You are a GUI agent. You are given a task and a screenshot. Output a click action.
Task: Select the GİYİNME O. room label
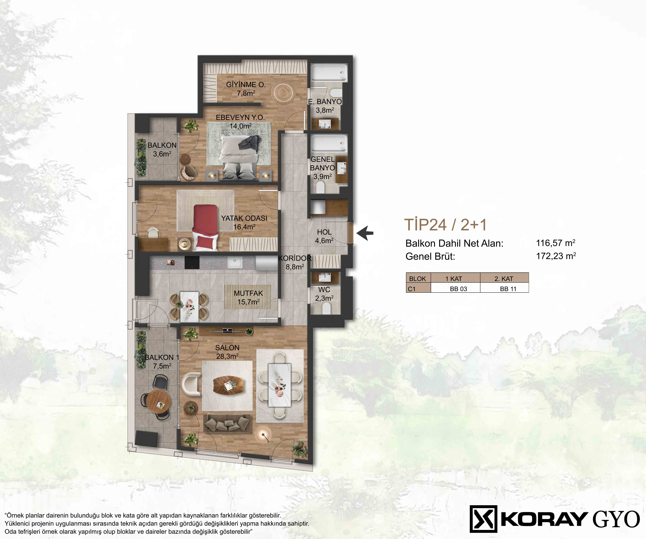coord(246,84)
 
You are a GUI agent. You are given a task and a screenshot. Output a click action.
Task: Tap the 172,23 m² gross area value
coord(556,256)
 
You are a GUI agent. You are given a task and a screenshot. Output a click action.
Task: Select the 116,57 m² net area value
coord(556,243)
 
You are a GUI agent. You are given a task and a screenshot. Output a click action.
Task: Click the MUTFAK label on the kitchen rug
coord(248,293)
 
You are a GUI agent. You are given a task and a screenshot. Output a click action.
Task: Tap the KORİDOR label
coord(295,258)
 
